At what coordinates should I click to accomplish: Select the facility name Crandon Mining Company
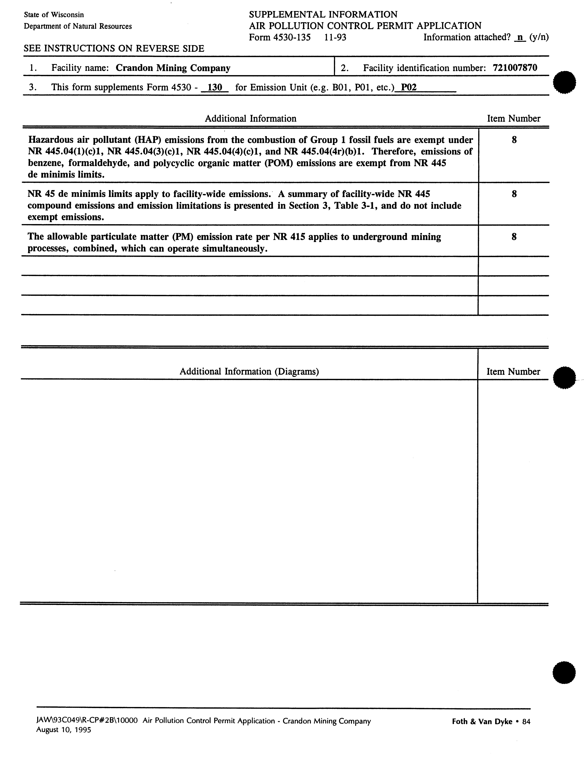point(173,68)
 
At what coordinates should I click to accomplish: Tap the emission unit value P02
point(409,87)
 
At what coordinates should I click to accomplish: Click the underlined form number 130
point(215,87)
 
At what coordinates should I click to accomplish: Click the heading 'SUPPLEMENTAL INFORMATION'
point(323,15)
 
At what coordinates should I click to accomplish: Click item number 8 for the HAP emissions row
point(514,140)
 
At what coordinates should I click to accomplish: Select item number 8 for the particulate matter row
point(514,237)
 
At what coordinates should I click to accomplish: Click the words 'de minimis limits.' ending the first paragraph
point(66,175)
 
